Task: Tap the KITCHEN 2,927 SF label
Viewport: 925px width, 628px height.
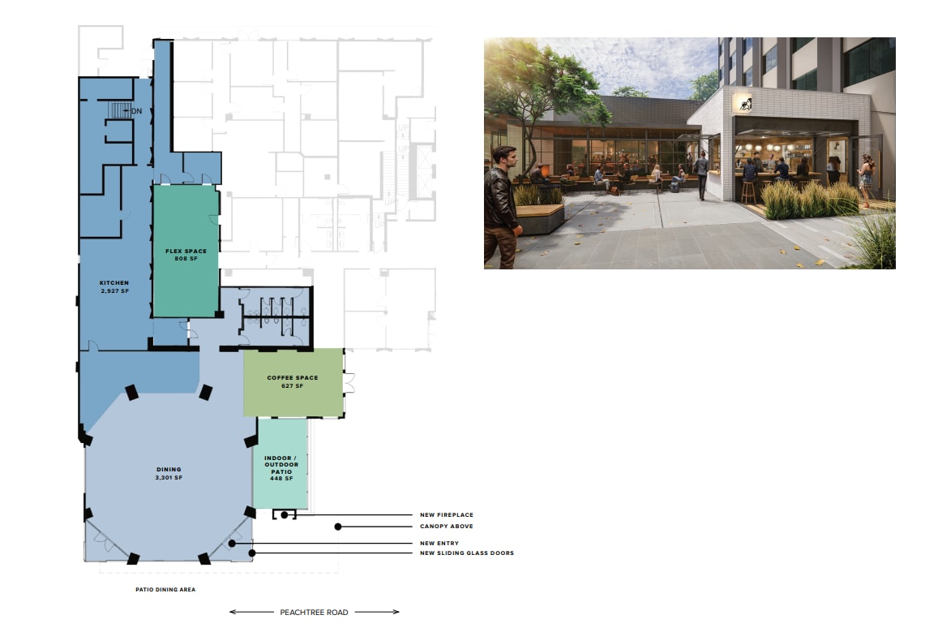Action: tap(114, 286)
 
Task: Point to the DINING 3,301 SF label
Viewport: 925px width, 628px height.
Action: tap(169, 473)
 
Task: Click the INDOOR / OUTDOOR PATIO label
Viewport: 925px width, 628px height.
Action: tap(281, 468)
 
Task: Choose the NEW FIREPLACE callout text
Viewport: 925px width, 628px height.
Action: tap(446, 515)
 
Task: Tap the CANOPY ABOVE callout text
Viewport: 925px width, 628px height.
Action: tap(446, 527)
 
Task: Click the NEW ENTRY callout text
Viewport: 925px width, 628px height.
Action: tap(439, 543)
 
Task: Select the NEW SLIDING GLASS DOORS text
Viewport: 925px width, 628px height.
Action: tap(466, 553)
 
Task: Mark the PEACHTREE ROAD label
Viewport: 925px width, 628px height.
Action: tap(315, 612)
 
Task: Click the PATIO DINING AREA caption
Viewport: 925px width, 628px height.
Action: tap(165, 590)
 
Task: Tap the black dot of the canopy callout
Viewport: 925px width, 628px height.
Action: tap(338, 527)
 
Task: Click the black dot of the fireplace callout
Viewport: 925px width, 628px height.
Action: tap(285, 515)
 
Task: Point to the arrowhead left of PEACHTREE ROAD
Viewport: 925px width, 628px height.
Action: tap(233, 612)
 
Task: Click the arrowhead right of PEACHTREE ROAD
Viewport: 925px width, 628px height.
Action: tap(396, 612)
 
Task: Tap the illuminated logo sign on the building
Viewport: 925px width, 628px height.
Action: tap(743, 103)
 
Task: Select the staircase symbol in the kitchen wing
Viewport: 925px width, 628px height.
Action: tap(120, 110)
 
